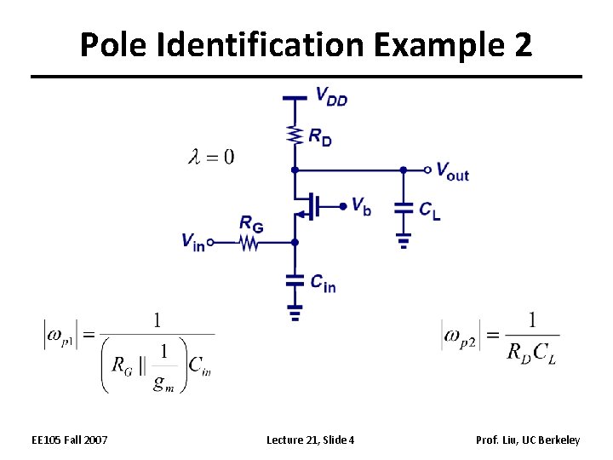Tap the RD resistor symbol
click(295, 135)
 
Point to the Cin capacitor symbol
click(295, 279)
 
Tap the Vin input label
click(192, 241)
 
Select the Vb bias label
click(361, 207)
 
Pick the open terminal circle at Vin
click(210, 242)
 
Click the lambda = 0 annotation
click(211, 156)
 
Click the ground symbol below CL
click(404, 242)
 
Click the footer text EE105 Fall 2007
click(70, 440)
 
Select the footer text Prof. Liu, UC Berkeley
click(528, 440)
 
